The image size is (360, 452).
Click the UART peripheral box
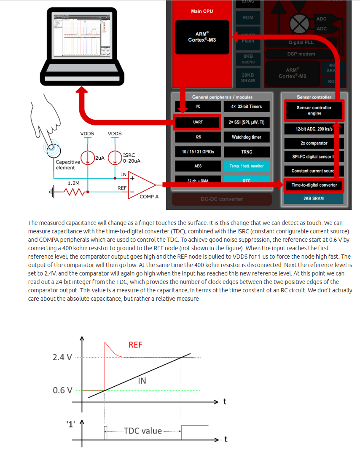[x=198, y=122]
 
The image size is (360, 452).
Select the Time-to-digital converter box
[x=314, y=185]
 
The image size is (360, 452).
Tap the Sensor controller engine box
[x=314, y=110]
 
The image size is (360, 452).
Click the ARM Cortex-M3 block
[x=202, y=37]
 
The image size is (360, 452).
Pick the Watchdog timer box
[x=246, y=137]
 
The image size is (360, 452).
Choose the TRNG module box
[x=246, y=152]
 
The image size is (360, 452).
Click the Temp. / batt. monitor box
[x=246, y=166]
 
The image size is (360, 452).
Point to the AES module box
[x=198, y=166]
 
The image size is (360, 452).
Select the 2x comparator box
[x=314, y=143]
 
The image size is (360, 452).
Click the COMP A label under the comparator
[x=149, y=197]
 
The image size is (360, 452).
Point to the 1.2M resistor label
[x=74, y=183]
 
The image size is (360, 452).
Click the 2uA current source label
[x=100, y=158]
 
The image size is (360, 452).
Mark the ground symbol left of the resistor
[x=52, y=193]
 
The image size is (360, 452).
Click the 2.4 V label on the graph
[x=62, y=357]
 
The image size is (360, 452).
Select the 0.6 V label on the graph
[x=62, y=390]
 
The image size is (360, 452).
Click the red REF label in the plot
[x=135, y=345]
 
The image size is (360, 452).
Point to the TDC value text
[x=143, y=431]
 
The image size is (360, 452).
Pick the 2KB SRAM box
[x=314, y=198]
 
